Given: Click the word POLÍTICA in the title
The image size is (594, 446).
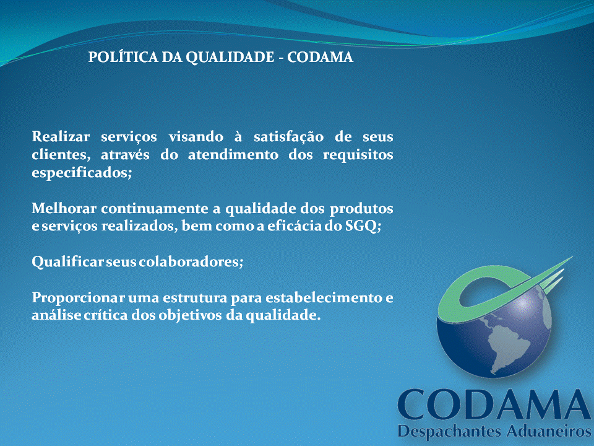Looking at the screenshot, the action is pos(123,57).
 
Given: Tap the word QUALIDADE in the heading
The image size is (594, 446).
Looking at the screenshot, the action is pos(230,58).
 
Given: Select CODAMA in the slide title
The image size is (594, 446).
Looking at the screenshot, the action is pos(320,58).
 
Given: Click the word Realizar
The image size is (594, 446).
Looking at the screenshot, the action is pos(61,136).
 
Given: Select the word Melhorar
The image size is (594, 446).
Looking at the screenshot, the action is pos(64,209).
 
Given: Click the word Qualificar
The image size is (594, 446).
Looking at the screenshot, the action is pos(67,262).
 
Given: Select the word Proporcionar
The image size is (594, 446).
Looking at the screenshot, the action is pos(79,298).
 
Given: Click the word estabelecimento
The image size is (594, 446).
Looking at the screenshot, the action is pos(324,298).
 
